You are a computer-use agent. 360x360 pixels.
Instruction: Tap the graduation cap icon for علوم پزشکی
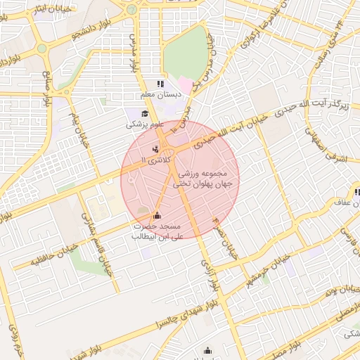point(145,114)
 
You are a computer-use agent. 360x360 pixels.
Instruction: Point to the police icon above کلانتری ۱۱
point(155,149)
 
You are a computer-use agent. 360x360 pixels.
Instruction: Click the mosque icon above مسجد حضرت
point(156,215)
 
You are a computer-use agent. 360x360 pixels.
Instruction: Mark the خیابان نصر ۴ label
point(226,239)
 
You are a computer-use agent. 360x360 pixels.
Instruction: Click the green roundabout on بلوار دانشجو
point(42,49)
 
